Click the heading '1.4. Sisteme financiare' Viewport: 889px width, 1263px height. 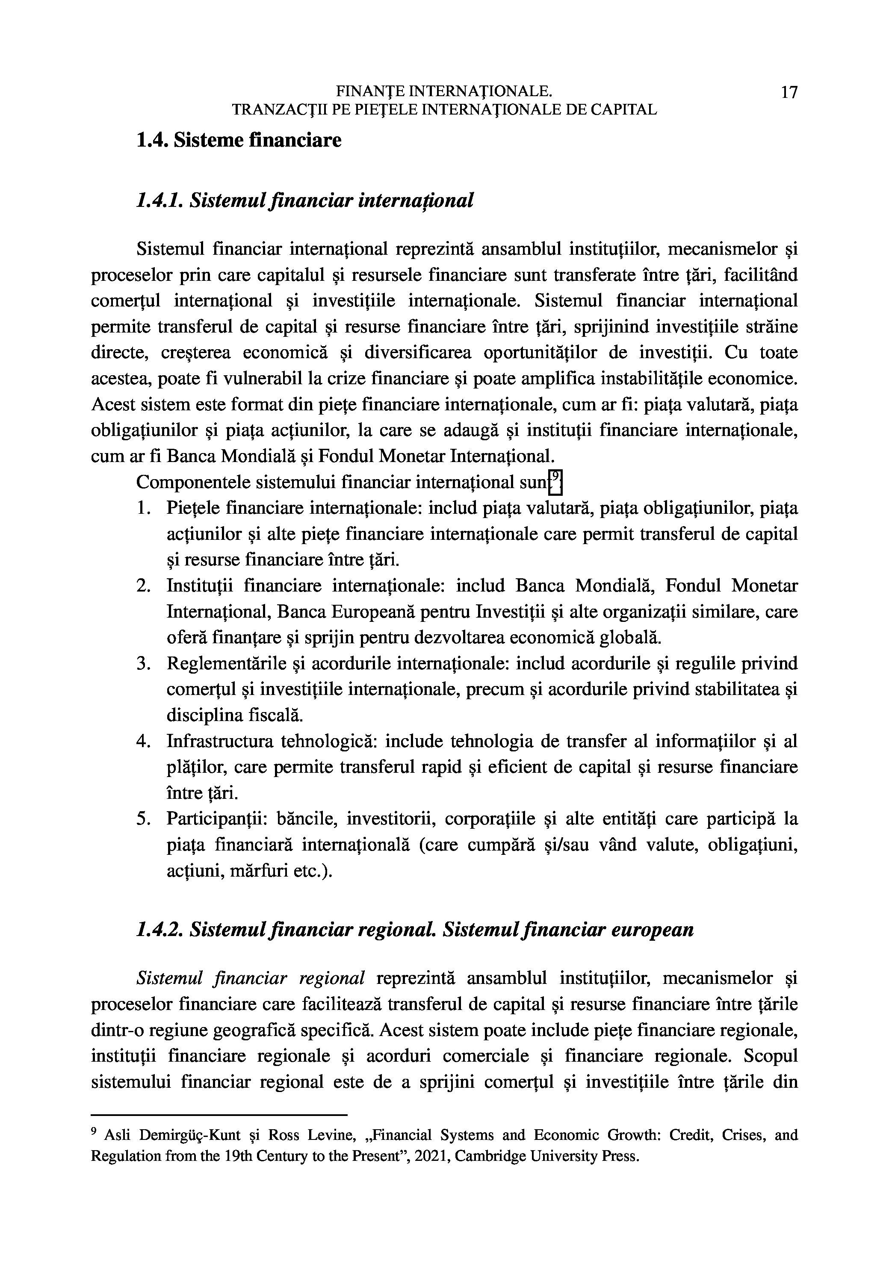pyautogui.click(x=238, y=140)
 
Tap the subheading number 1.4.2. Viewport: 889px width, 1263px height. pyautogui.click(x=159, y=930)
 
